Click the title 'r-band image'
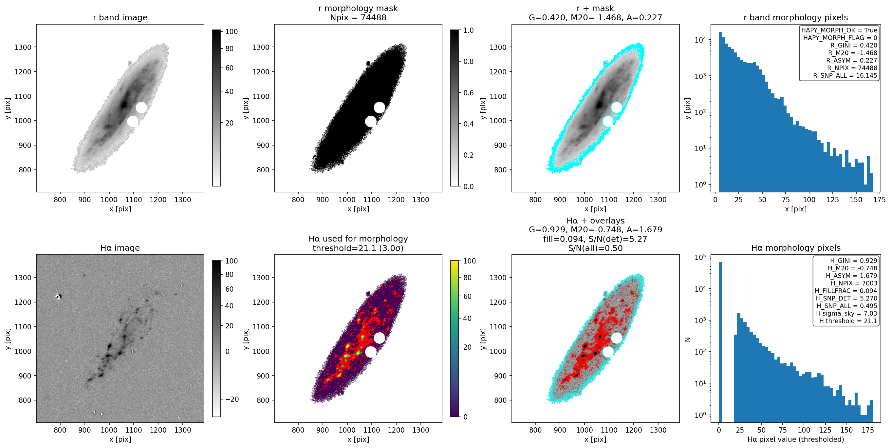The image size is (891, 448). pyautogui.click(x=120, y=17)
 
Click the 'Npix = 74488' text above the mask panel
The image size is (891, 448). pyautogui.click(x=358, y=17)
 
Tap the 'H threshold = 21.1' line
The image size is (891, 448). pyautogui.click(x=848, y=321)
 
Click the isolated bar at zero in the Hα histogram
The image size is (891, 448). pyautogui.click(x=720, y=342)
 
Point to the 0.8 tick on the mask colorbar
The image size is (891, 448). pyautogui.click(x=468, y=61)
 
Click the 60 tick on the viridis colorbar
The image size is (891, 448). pyautogui.click(x=467, y=296)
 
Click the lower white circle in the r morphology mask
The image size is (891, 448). pyautogui.click(x=370, y=122)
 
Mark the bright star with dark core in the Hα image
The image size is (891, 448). pyautogui.click(x=59, y=296)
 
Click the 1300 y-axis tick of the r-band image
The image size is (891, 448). pyautogui.click(x=23, y=47)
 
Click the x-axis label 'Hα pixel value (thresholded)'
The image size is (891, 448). pyautogui.click(x=795, y=439)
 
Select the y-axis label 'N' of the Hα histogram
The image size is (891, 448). pyautogui.click(x=688, y=339)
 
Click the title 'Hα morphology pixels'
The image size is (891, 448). pyautogui.click(x=795, y=248)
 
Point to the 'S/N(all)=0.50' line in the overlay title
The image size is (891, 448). pyautogui.click(x=595, y=248)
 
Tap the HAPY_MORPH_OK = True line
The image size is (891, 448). pyautogui.click(x=839, y=30)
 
